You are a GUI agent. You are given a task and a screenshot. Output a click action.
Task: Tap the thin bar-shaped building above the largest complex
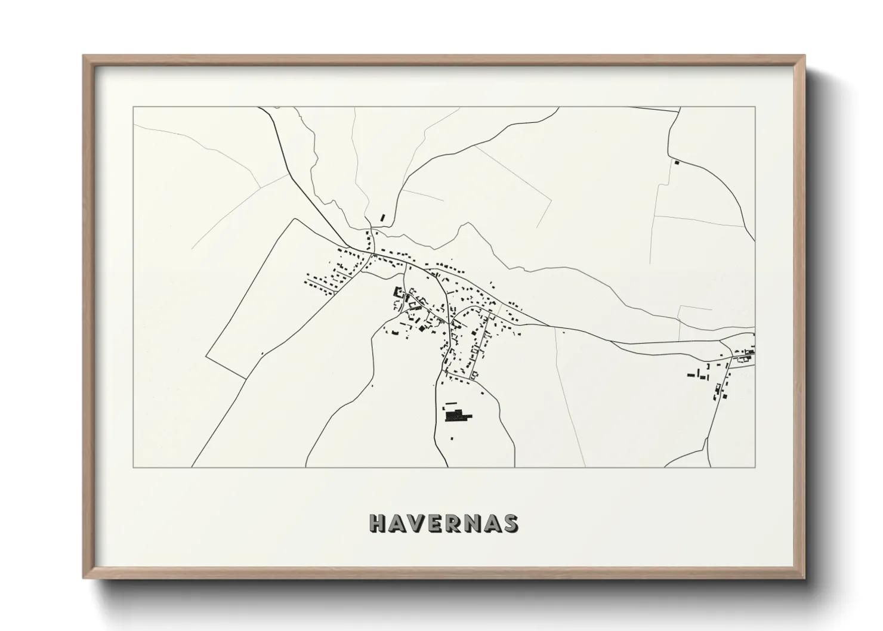pos(454,404)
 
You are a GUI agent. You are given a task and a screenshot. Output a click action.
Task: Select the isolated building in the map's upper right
pos(677,162)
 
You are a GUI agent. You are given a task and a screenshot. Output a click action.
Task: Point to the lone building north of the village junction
pos(383,218)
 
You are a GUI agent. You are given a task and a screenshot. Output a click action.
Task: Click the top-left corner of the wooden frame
pos(84,56)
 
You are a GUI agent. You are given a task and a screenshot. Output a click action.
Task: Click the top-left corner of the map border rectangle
pos(133,107)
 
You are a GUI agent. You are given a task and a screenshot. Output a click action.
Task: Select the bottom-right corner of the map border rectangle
pos(755,467)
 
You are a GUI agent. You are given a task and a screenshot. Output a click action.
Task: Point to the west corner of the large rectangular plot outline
pos(206,356)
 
